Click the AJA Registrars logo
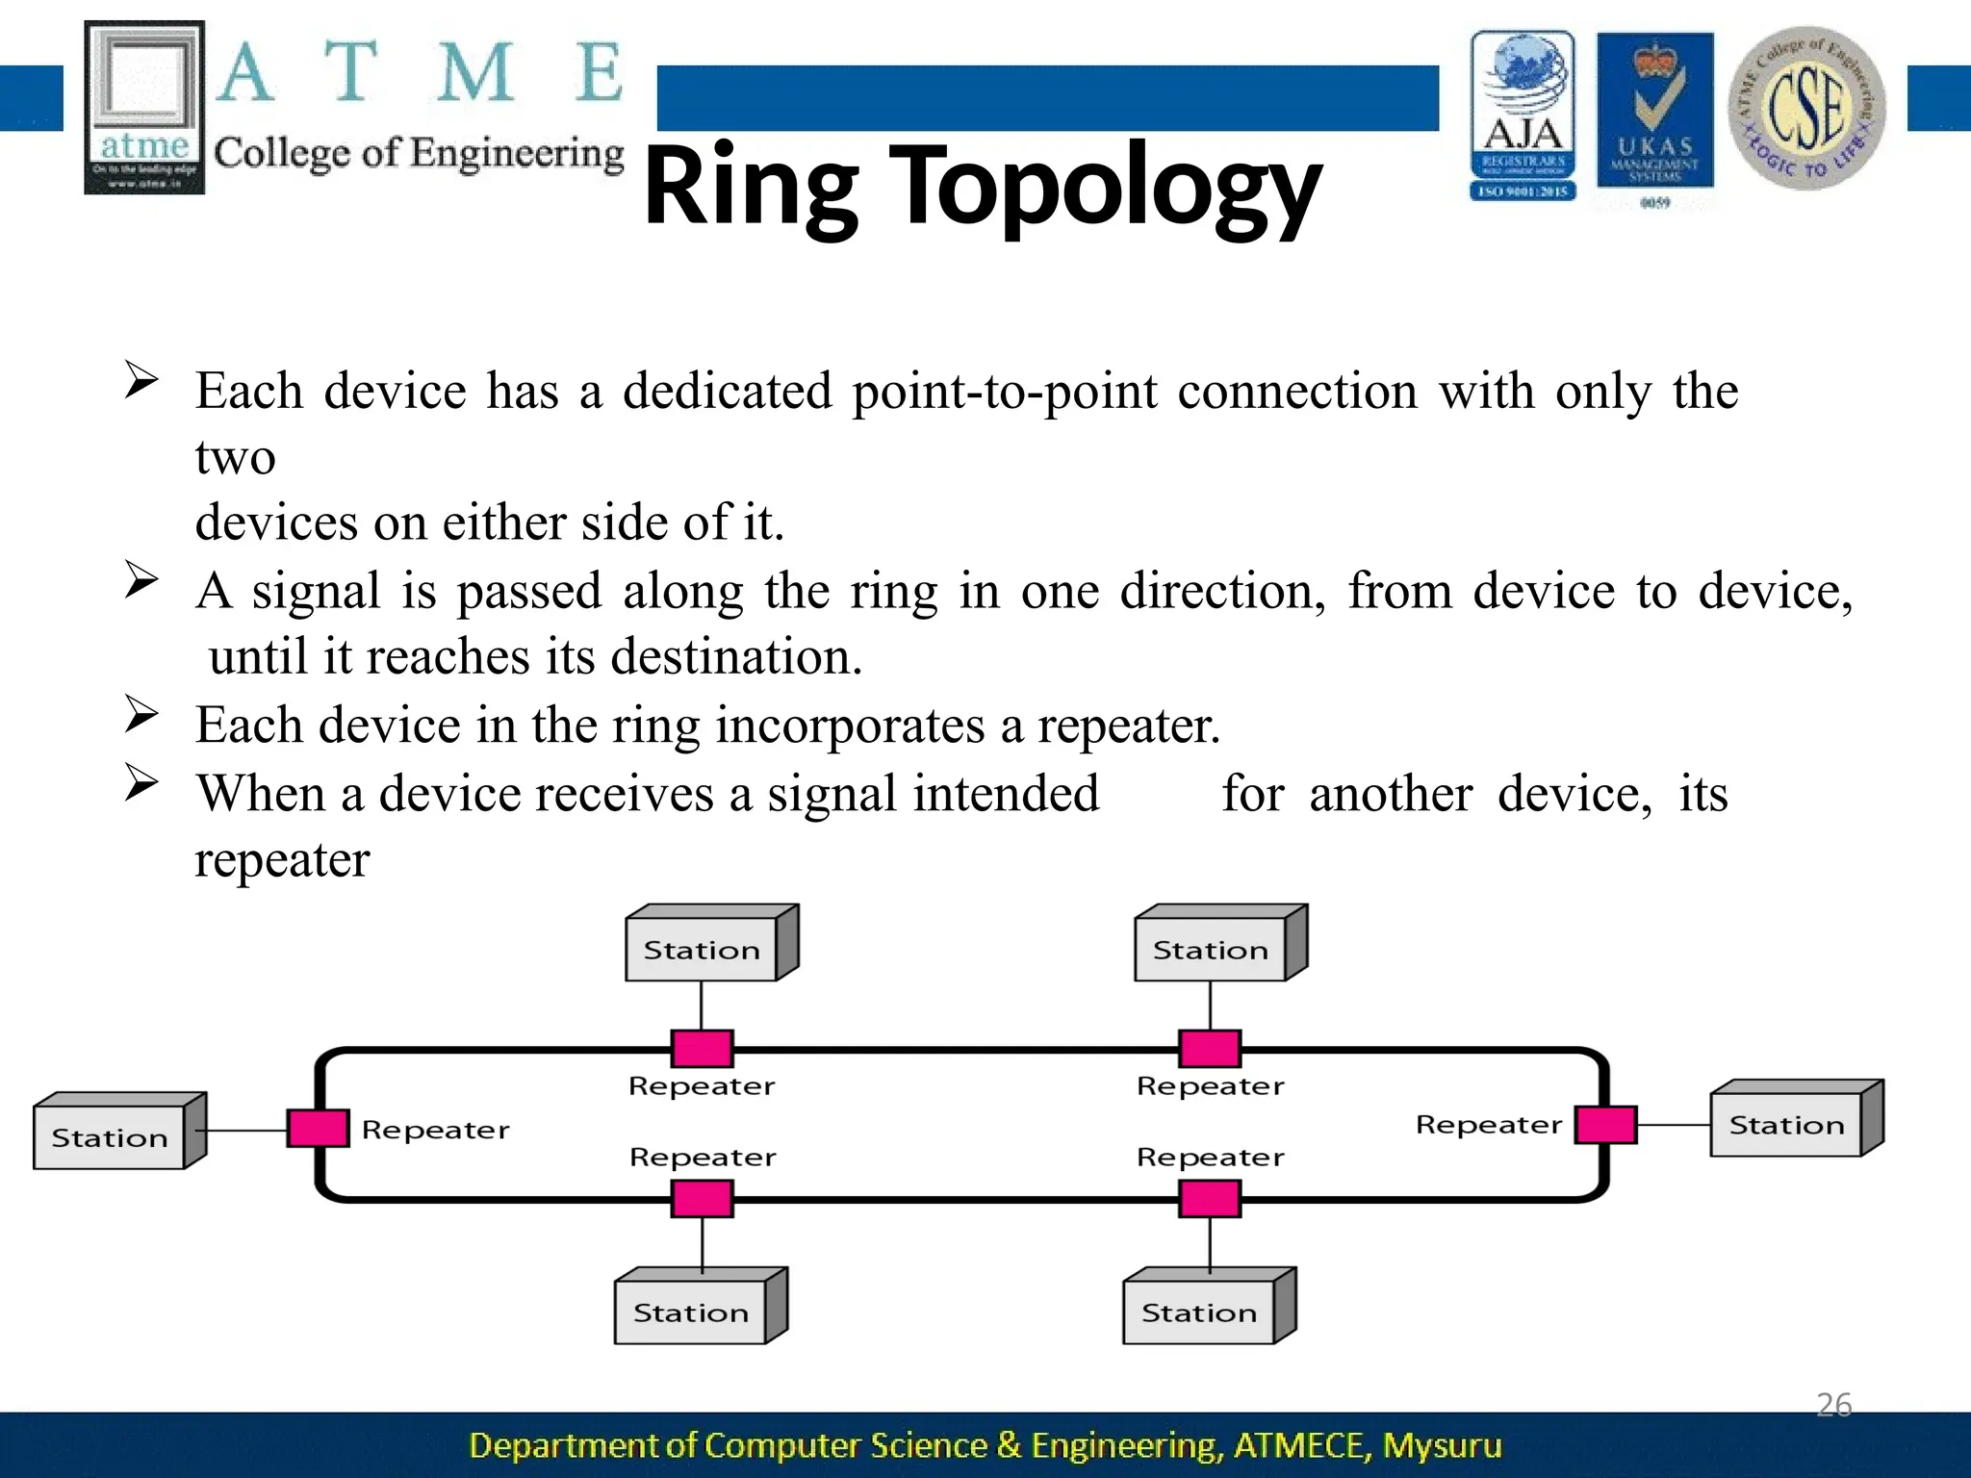[1523, 115]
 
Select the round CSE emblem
[1806, 108]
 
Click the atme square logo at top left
[144, 108]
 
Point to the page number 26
[1833, 1405]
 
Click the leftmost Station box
[110, 1136]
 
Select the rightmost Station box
[1787, 1124]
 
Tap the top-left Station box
[702, 949]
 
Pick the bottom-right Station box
[1199, 1312]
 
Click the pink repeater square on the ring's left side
[318, 1128]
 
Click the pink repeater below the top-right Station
[1210, 1048]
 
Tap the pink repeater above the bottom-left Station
[702, 1199]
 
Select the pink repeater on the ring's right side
[1605, 1124]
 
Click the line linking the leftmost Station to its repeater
[246, 1130]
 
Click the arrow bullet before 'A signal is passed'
[141, 580]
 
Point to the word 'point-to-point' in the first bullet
[1004, 392]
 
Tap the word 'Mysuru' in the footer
[1442, 1445]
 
